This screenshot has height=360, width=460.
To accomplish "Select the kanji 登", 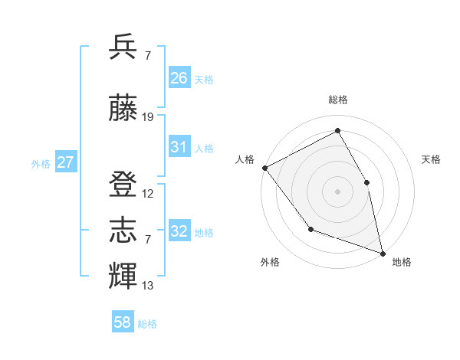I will (x=123, y=184).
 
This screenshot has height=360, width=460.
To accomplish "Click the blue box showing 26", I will (x=179, y=77).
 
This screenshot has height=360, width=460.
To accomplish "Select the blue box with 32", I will (x=179, y=231).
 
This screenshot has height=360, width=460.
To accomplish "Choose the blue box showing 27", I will (x=66, y=162).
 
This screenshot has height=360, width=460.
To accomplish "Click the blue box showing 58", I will (x=123, y=322).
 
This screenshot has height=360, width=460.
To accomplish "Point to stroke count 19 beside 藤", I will (x=148, y=117).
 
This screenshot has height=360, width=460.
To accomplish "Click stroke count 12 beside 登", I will (x=148, y=194).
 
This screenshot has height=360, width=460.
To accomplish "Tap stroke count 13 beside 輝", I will (x=148, y=286).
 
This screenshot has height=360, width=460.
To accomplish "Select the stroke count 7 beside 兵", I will (x=146, y=56).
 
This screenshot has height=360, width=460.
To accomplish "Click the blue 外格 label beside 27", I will (x=41, y=163).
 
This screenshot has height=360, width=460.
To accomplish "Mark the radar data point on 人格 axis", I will (x=264, y=168).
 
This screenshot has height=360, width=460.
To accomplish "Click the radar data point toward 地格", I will (x=382, y=253).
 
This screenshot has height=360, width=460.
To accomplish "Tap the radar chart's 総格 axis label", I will (x=337, y=100).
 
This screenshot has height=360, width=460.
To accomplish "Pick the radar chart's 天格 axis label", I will (x=431, y=159).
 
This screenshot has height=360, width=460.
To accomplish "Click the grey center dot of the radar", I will (x=337, y=191).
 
